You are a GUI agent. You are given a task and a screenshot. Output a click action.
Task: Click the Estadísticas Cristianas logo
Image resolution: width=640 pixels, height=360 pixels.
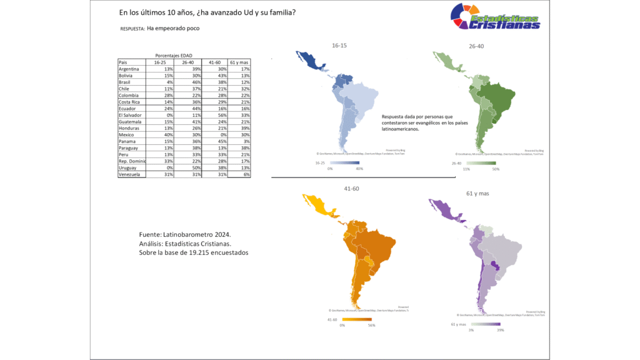point(496,16)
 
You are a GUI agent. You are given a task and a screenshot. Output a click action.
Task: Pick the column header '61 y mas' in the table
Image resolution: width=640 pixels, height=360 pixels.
point(239,62)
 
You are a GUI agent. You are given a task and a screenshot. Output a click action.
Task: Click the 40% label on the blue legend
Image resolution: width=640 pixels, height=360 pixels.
point(359,169)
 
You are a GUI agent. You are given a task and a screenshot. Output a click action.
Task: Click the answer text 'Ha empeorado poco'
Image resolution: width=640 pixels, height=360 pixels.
point(173,28)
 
